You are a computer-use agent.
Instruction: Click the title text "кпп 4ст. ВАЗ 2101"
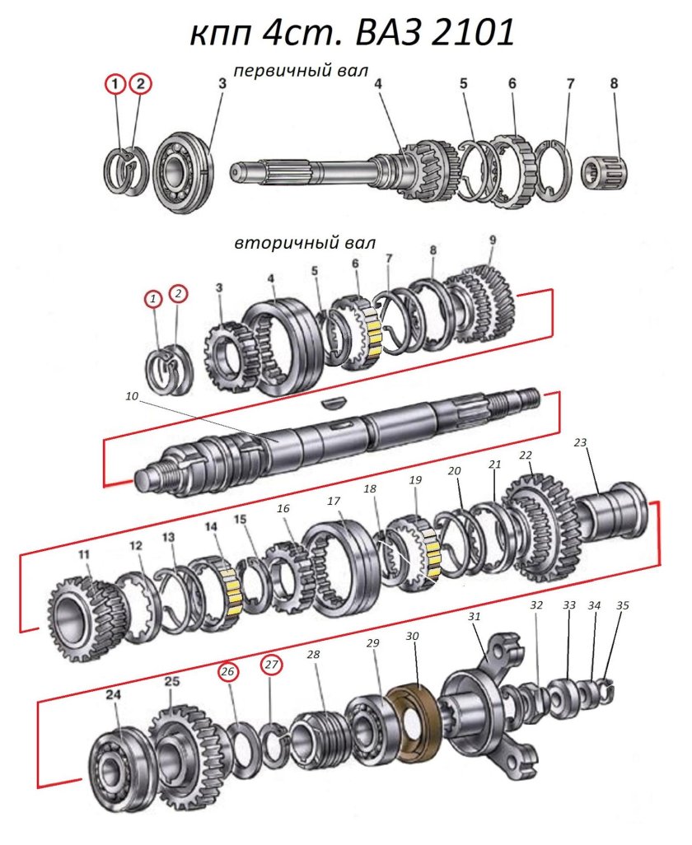[x=352, y=34]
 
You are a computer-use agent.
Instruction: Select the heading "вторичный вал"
[x=305, y=243]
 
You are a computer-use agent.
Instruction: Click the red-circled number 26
[x=228, y=671]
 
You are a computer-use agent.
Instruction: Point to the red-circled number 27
[x=272, y=665]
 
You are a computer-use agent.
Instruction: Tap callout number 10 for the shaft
[x=133, y=396]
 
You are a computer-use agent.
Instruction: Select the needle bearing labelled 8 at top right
[x=603, y=171]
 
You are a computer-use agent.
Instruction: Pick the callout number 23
[x=580, y=442]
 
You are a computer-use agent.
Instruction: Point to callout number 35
[x=622, y=605]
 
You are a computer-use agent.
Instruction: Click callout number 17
[x=334, y=501]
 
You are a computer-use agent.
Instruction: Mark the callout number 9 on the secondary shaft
[x=493, y=240]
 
